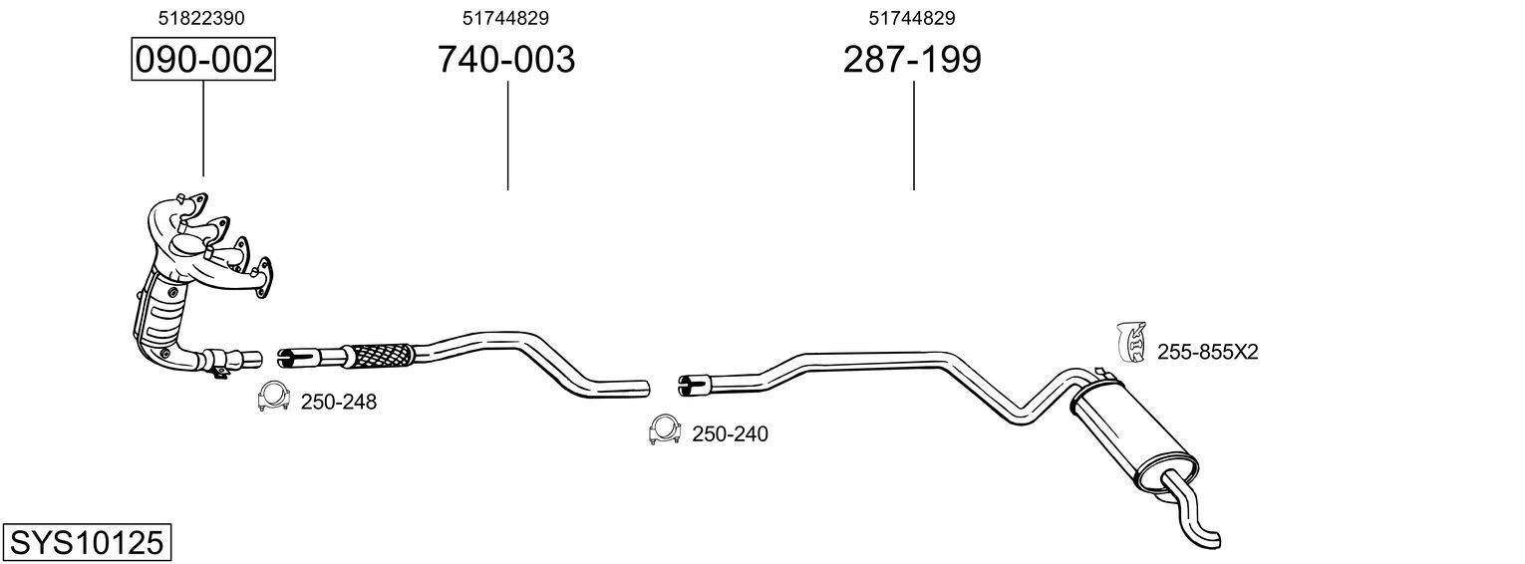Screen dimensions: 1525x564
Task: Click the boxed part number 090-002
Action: pos(203,59)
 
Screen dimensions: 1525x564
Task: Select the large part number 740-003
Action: pos(505,59)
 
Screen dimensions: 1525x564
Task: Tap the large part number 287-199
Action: pos(912,59)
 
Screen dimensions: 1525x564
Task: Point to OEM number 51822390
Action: pos(201,18)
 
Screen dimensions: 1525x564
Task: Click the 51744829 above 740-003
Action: pos(505,18)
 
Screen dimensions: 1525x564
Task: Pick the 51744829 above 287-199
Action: pos(912,18)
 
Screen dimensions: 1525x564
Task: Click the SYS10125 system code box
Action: pos(87,543)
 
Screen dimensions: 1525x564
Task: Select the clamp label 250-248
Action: pos(338,403)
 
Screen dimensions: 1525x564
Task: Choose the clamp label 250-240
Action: pos(730,434)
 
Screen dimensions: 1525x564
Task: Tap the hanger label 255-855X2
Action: pos(1208,352)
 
